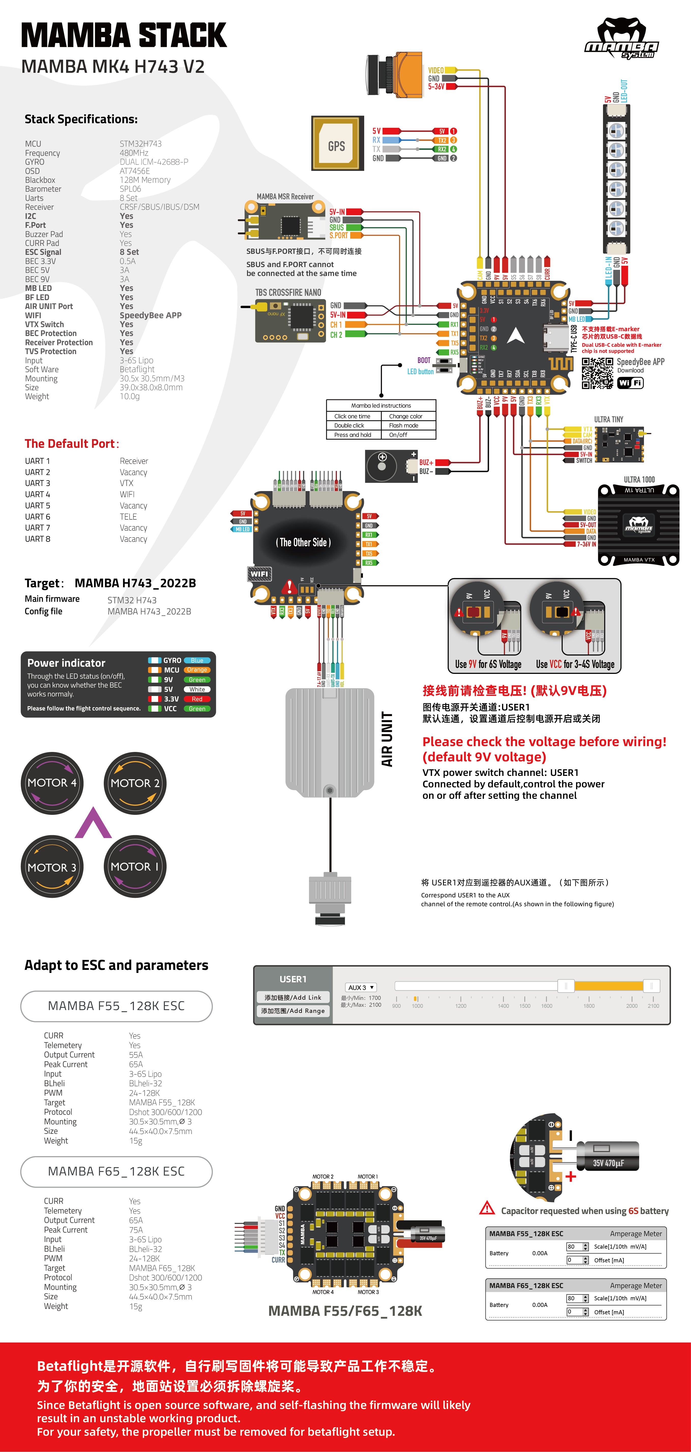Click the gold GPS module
[x=336, y=144]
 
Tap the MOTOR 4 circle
[x=52, y=783]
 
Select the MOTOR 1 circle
[x=135, y=866]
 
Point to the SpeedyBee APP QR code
[x=597, y=373]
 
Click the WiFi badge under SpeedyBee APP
[x=630, y=383]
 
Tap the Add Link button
[x=293, y=997]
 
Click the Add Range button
[x=293, y=1011]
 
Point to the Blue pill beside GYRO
[x=197, y=660]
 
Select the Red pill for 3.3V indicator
[x=197, y=699]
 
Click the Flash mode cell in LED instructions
[x=403, y=426]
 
